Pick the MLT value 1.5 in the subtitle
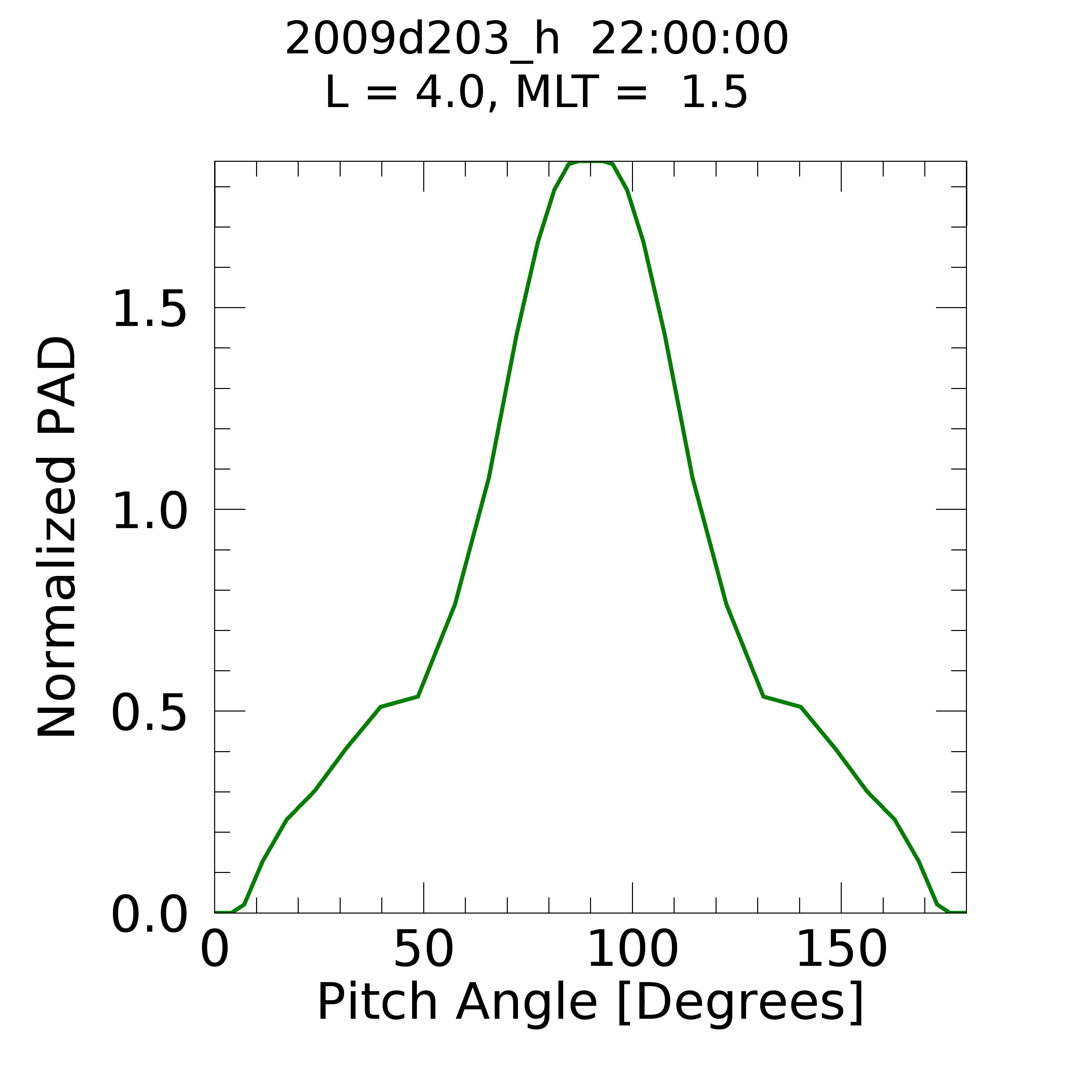pyautogui.click(x=714, y=93)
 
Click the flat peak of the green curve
pyautogui.click(x=590, y=162)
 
